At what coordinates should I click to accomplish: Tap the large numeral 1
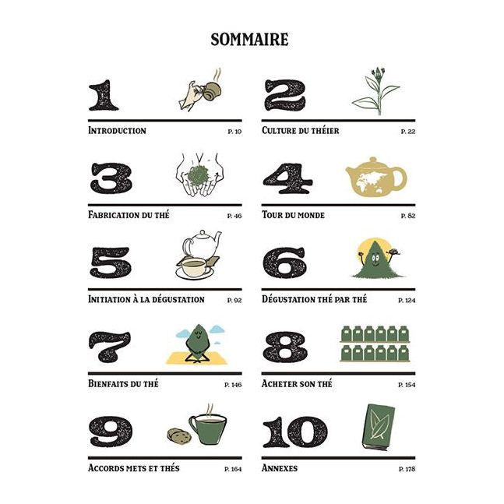[104, 95]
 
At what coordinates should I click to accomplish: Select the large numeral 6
[284, 263]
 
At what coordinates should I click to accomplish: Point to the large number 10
[294, 432]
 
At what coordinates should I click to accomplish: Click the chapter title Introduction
[117, 131]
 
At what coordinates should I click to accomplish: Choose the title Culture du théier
[301, 131]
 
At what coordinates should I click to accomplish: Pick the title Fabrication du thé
[129, 214]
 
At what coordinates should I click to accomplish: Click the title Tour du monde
[294, 214]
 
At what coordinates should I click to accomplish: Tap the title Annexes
[280, 468]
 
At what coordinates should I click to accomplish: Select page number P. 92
[234, 300]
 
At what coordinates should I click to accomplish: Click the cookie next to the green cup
[176, 433]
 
